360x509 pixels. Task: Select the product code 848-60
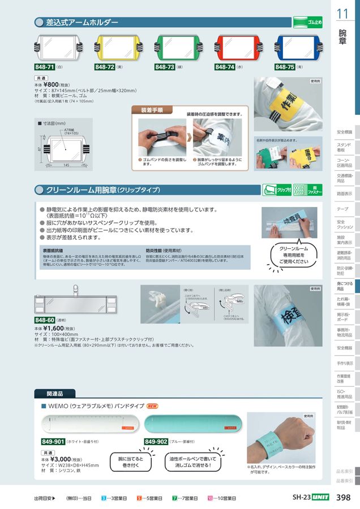tap(45, 320)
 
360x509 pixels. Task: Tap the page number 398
tap(343, 498)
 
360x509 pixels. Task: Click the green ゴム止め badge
tap(307, 23)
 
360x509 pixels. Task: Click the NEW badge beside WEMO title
tap(152, 406)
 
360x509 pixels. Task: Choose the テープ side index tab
tap(343, 209)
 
